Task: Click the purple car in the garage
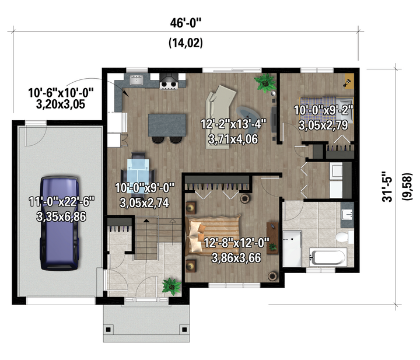(60, 223)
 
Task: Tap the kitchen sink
(136, 80)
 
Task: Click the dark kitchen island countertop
(167, 125)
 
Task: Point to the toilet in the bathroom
(345, 237)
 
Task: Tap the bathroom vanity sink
(348, 214)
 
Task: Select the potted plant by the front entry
(171, 286)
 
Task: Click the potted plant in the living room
(265, 82)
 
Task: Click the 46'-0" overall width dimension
(185, 23)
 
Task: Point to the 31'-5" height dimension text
(387, 187)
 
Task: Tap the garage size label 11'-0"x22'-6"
(62, 201)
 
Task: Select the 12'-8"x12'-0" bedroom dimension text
(236, 243)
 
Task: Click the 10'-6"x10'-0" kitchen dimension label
(61, 93)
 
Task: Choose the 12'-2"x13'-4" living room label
(233, 124)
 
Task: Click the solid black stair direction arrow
(146, 221)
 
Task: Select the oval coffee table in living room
(246, 113)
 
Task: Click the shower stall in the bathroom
(292, 249)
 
